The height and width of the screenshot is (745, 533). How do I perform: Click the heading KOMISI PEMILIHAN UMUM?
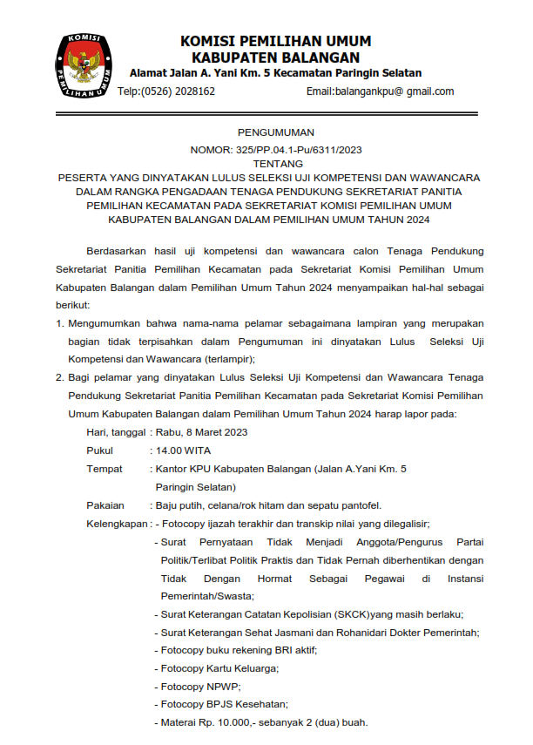275,41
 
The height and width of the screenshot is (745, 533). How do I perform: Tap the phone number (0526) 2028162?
178,91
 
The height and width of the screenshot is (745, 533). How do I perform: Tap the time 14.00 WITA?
183,450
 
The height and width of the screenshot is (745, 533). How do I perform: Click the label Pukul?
99,450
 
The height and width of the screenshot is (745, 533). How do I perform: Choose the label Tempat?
104,469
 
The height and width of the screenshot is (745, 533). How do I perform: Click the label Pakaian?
105,505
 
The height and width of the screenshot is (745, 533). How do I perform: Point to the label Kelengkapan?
116,524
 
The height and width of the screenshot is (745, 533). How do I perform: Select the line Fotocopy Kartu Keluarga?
219,668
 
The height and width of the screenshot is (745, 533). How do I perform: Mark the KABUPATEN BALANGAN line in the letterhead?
275,57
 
